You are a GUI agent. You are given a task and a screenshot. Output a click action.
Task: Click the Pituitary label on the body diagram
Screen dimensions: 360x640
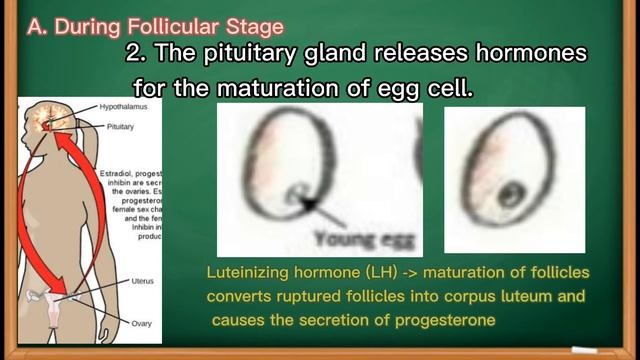click(120, 127)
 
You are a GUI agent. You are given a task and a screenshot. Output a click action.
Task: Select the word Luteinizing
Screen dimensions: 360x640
click(246, 271)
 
